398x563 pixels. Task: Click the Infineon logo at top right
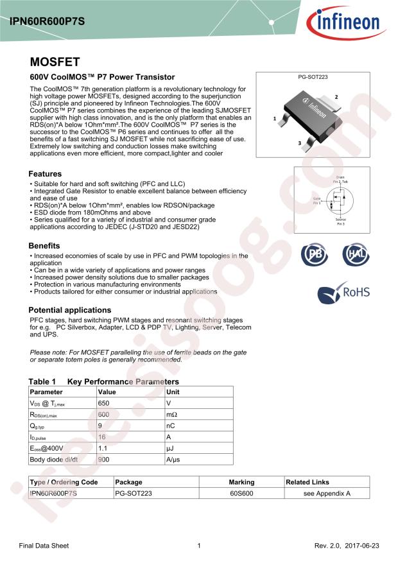point(350,24)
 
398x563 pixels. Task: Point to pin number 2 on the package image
point(336,96)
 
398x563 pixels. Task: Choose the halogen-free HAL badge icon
point(355,255)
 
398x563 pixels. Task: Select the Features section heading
point(45,174)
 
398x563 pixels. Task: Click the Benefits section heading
point(44,246)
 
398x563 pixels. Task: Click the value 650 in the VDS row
point(104,403)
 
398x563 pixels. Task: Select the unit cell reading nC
point(171,426)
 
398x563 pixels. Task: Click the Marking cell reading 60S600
point(241,493)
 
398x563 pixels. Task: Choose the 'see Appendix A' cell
point(327,493)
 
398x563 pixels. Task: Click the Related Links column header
point(307,482)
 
